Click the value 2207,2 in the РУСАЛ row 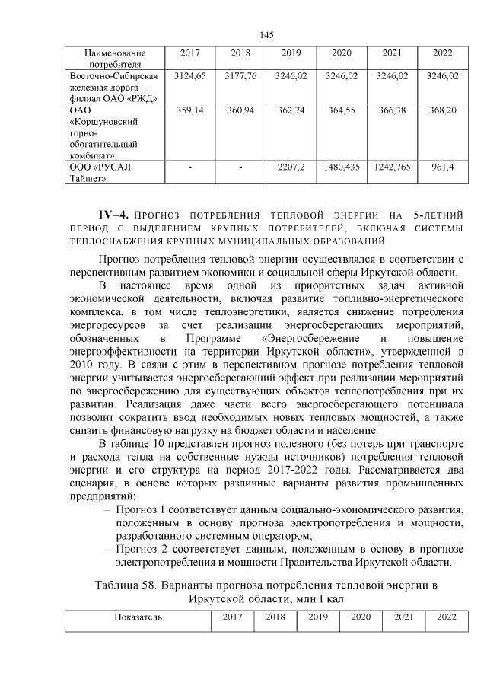(x=292, y=167)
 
